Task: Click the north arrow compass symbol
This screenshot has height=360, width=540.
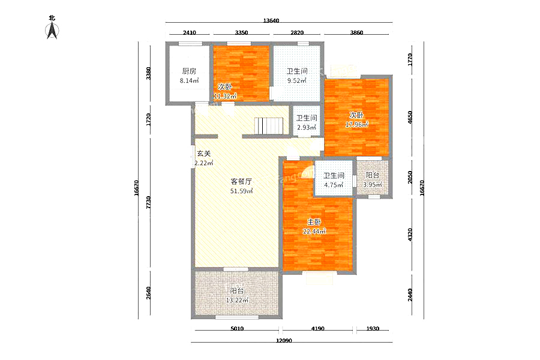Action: click(52, 31)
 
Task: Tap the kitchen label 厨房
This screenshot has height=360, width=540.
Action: click(189, 71)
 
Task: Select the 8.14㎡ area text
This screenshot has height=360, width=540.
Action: click(189, 81)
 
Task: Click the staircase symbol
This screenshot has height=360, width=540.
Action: click(269, 126)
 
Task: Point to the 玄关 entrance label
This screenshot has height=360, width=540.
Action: click(203, 154)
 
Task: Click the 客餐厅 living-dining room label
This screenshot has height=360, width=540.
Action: click(241, 181)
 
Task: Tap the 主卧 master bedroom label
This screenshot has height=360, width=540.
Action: click(314, 222)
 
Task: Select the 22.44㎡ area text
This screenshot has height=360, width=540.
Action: click(314, 232)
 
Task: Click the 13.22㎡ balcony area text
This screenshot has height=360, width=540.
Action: click(237, 300)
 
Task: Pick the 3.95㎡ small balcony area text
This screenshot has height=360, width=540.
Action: click(372, 185)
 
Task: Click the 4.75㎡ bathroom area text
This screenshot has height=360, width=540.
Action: click(334, 185)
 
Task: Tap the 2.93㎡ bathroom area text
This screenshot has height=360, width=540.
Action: click(307, 127)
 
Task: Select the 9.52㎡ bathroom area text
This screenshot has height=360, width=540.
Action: click(297, 81)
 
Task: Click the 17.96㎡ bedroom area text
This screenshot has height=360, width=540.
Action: click(356, 124)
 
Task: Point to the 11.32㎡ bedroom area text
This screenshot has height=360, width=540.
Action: click(225, 96)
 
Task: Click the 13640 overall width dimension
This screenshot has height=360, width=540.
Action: click(271, 20)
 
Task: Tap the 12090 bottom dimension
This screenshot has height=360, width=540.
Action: click(284, 341)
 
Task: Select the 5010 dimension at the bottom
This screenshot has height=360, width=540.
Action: click(237, 329)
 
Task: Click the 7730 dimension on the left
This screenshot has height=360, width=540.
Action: click(148, 202)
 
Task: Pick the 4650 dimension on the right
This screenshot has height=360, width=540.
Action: click(410, 117)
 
